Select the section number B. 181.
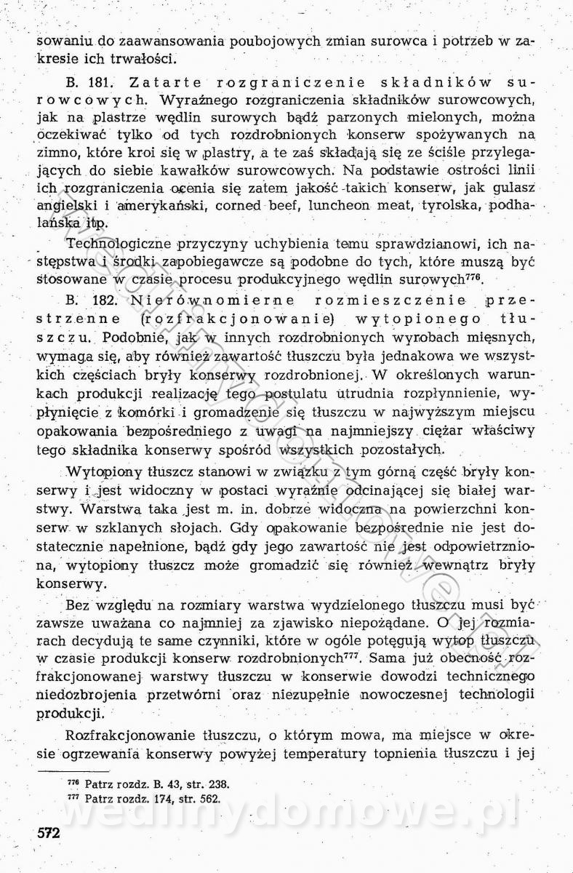pyautogui.click(x=82, y=82)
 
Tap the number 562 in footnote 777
pyautogui.click(x=210, y=797)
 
